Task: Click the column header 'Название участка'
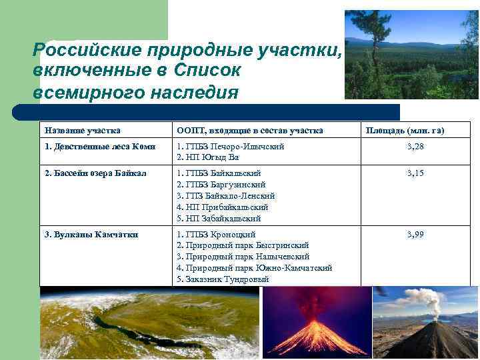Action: (82, 130)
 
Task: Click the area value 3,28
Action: (415, 146)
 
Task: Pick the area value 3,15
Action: (415, 173)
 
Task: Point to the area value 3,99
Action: (415, 235)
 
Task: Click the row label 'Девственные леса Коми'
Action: (99, 146)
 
